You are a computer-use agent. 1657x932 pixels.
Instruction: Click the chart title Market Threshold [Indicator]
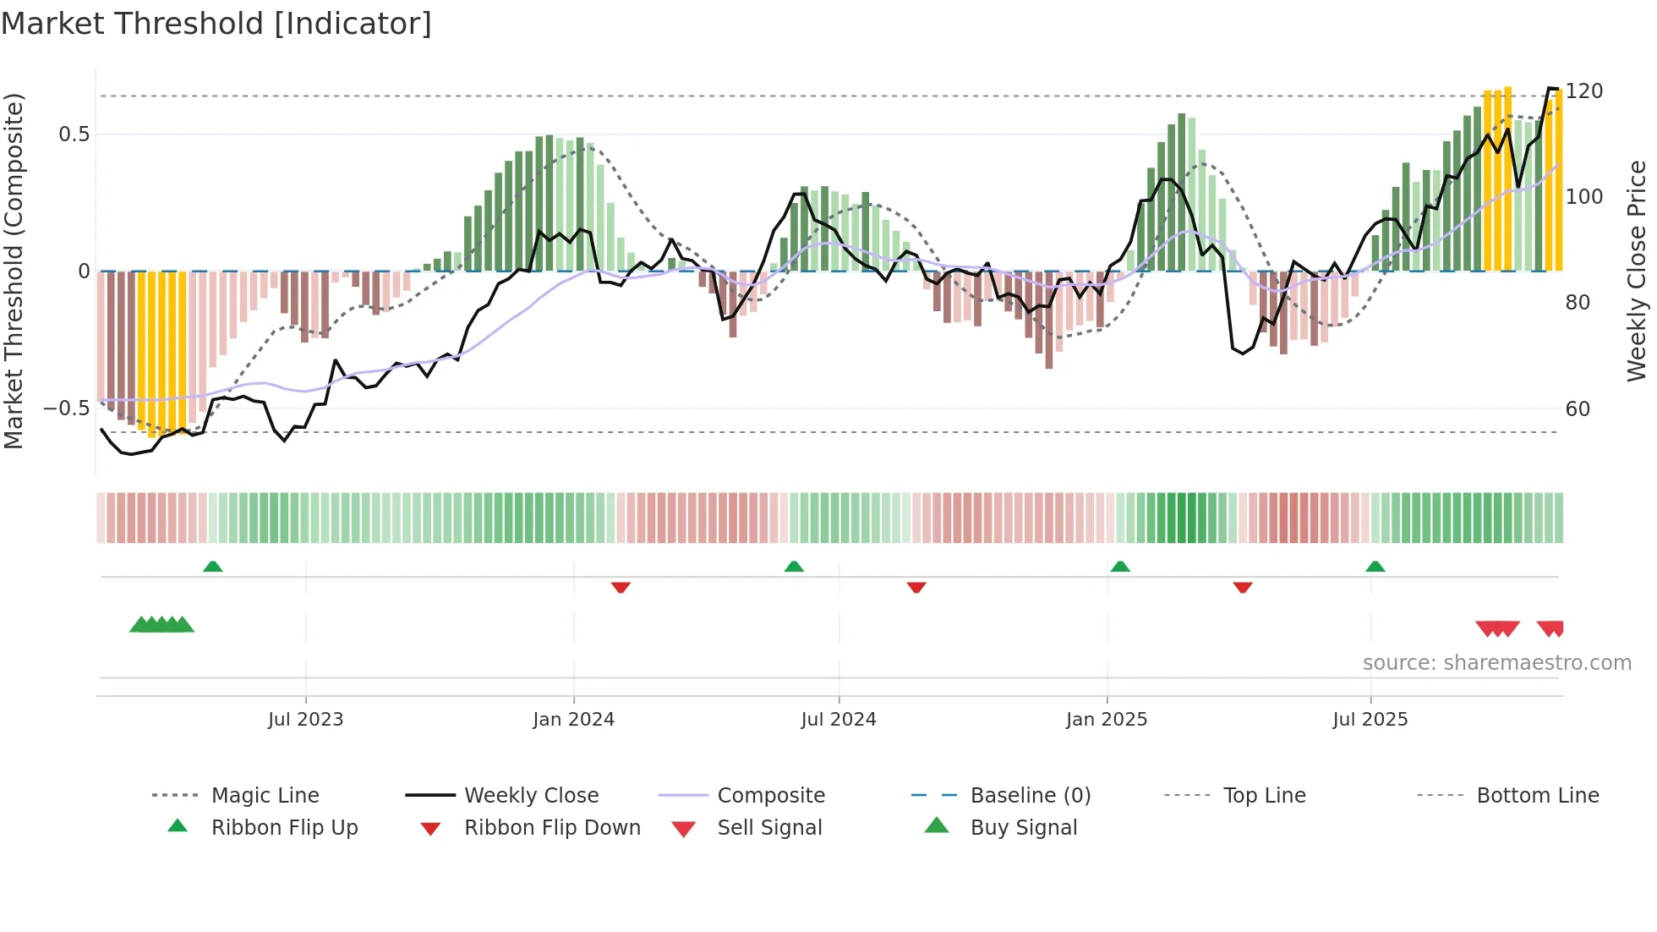(216, 24)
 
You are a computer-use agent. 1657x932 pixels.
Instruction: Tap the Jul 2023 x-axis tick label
(305, 720)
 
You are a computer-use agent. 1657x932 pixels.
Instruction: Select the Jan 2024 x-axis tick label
(573, 720)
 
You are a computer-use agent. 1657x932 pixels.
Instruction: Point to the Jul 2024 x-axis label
(838, 720)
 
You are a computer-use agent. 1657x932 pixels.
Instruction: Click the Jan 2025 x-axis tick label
(1106, 720)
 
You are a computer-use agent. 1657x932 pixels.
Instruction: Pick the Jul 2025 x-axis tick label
(1370, 720)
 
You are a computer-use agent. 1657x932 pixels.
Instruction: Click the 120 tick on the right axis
(1583, 91)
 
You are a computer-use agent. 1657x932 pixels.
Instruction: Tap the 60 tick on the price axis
(1578, 409)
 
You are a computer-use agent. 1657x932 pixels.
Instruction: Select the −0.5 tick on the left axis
(66, 408)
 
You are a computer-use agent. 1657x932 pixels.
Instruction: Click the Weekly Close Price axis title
(1637, 271)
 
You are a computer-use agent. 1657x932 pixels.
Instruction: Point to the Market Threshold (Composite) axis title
(14, 271)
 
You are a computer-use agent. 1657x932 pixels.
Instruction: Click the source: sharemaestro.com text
(1496, 663)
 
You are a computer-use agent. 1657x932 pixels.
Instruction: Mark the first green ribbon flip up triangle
(213, 567)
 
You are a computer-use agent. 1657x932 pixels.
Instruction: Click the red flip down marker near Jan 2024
(621, 587)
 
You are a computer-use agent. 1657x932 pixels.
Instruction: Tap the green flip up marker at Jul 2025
(1375, 567)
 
